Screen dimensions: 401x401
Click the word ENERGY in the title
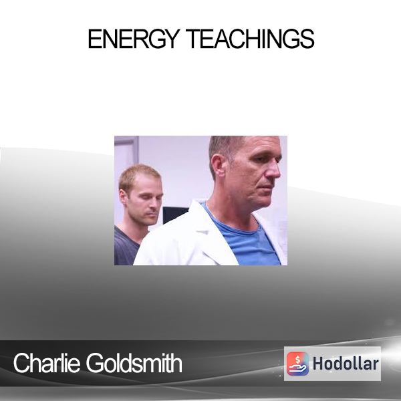(x=133, y=39)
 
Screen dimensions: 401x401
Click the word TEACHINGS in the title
(x=250, y=39)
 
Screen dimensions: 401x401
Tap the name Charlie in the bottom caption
(x=47, y=363)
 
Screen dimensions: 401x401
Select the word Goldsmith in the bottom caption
(x=134, y=363)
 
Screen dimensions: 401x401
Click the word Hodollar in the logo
(x=346, y=364)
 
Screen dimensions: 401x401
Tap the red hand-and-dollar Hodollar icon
(x=297, y=364)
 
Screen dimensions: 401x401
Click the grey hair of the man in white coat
(x=225, y=147)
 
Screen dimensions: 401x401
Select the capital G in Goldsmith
(x=94, y=363)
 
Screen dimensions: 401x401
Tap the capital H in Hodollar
(x=317, y=364)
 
